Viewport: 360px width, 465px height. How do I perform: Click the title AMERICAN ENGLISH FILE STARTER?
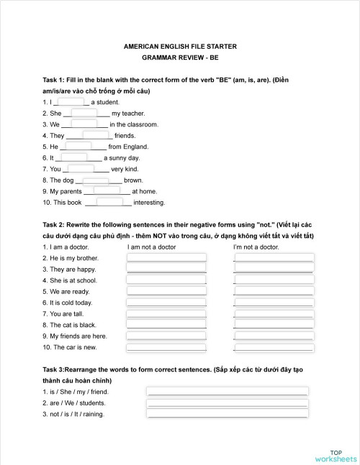180,46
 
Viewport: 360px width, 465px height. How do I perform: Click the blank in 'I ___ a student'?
70,102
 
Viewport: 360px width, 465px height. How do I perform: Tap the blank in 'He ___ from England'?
78,147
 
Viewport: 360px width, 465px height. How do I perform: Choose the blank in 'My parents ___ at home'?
107,191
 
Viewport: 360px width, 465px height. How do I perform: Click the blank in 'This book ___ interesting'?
110,203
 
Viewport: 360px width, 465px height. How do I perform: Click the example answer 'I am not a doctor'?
151,247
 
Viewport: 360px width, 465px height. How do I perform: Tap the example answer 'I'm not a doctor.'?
256,247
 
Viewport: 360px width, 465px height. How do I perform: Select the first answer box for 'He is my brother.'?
166,258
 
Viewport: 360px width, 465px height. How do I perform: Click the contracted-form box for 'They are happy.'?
274,269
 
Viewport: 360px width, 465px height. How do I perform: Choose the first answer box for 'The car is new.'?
166,347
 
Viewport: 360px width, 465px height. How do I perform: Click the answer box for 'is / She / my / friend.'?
228,392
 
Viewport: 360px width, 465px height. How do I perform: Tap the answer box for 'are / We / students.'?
228,402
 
